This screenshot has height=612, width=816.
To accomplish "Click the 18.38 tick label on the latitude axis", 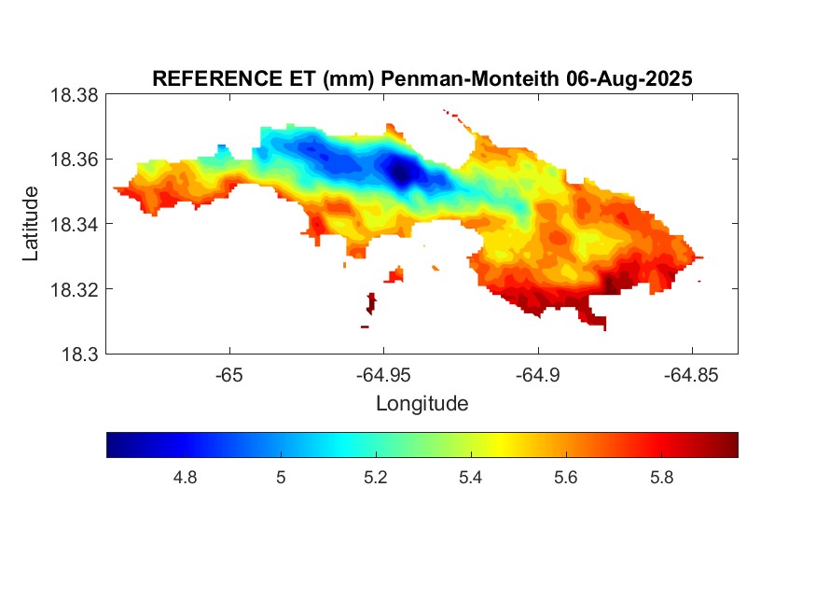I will pyautogui.click(x=73, y=94).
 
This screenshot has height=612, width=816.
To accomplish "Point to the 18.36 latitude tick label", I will pyautogui.click(x=73, y=160).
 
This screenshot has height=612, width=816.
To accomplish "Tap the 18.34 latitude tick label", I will pyautogui.click(x=73, y=224).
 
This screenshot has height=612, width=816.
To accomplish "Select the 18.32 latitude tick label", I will pyautogui.click(x=73, y=289).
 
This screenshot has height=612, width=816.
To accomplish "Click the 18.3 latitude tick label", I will pyautogui.click(x=78, y=354).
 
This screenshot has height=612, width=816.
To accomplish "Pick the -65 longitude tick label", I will pyautogui.click(x=229, y=375).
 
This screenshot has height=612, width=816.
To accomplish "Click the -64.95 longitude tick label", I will pyautogui.click(x=383, y=375).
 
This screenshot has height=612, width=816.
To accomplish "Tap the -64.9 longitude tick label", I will pyautogui.click(x=537, y=375).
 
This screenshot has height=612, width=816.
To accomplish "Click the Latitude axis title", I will pyautogui.click(x=32, y=223).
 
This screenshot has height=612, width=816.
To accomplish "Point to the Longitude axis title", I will pyautogui.click(x=422, y=404).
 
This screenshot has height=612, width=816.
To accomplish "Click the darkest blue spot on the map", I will pyautogui.click(x=402, y=172).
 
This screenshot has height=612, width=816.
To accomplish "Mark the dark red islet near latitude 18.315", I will pyautogui.click(x=371, y=302).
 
